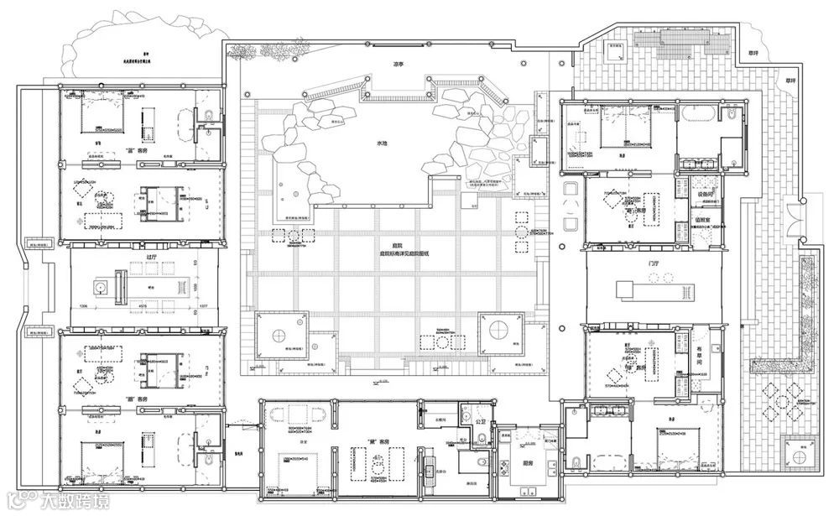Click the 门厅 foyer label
pos(654,263)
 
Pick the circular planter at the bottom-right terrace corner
pos(804,450)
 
